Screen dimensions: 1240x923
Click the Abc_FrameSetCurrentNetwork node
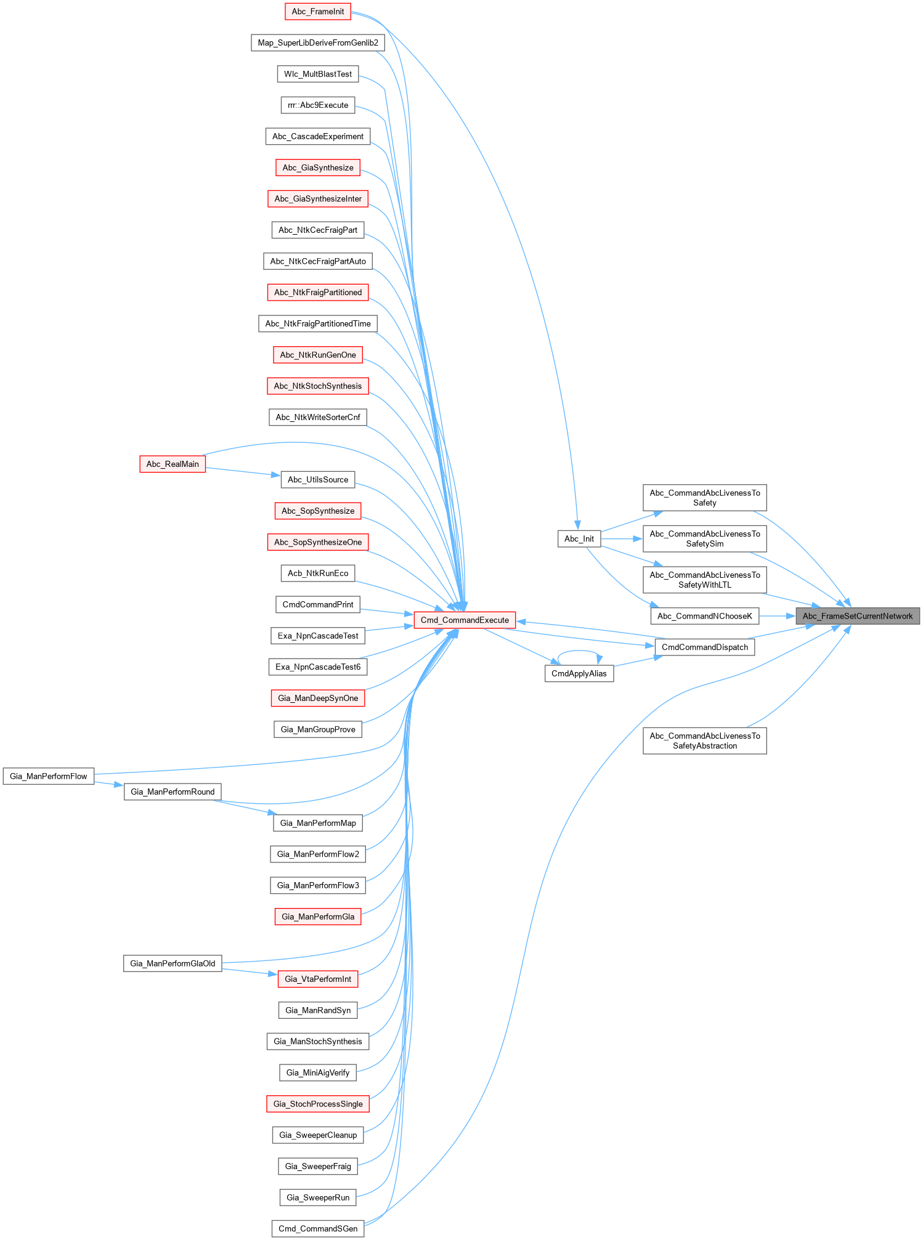tap(857, 616)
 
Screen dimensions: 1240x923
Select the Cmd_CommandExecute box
tap(465, 620)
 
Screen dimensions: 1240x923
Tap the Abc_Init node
tap(579, 539)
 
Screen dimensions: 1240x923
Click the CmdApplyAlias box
tap(579, 674)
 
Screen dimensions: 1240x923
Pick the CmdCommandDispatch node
tap(704, 647)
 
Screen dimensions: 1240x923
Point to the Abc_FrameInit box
tap(318, 12)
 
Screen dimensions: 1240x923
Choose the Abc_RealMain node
tap(173, 464)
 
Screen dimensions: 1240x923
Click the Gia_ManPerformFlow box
tap(49, 776)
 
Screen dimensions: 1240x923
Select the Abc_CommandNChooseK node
tap(704, 616)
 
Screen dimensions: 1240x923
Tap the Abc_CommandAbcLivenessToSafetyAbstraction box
tap(704, 741)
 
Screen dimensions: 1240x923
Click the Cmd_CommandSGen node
tap(317, 1229)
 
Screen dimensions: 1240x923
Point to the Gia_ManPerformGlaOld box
tap(173, 963)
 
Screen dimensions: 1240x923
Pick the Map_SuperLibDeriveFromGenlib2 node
tap(318, 43)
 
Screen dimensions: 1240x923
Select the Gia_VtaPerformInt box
tap(318, 979)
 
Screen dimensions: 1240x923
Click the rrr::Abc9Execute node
tap(318, 105)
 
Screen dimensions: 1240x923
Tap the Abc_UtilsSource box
tap(318, 480)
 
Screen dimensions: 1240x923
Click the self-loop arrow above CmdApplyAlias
tap(579, 651)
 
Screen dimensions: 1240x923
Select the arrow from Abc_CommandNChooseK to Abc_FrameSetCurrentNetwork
tap(776, 616)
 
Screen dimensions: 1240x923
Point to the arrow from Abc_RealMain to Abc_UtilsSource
tap(243, 472)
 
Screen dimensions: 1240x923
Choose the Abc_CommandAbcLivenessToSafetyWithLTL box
tap(704, 580)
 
